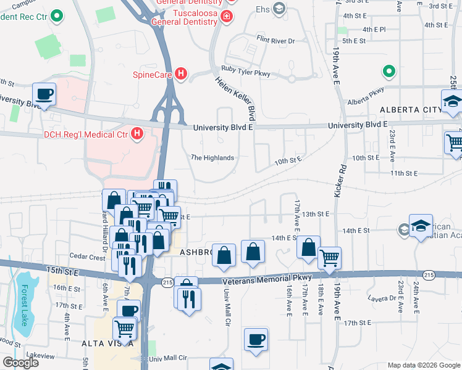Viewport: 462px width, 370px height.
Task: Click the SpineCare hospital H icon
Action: tap(181, 75)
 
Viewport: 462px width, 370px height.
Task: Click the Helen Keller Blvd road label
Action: tap(235, 99)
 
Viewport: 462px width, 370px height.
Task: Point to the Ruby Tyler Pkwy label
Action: tap(246, 73)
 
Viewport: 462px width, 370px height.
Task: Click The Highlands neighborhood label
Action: tap(212, 158)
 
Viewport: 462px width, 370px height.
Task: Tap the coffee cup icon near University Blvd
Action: tap(44, 95)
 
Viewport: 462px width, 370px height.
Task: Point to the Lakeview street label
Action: tap(41, 356)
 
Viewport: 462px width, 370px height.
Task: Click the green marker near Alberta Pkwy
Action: tap(389, 72)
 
